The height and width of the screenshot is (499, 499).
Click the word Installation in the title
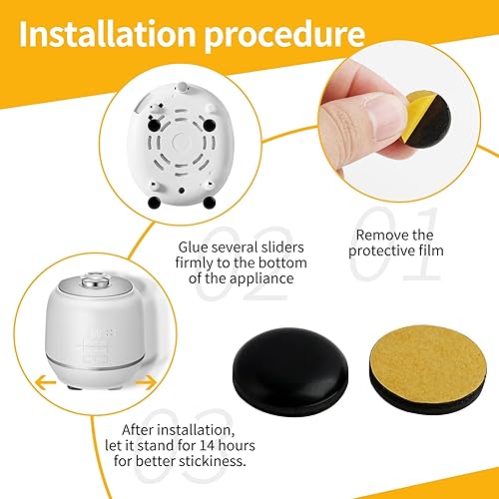[107, 34]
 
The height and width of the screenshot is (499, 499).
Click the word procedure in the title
[285, 37]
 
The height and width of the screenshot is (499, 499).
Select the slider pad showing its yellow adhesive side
[428, 369]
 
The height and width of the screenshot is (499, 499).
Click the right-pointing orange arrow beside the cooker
[146, 382]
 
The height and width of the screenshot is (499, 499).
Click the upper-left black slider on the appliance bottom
[154, 125]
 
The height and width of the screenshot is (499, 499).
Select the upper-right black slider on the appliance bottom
[210, 125]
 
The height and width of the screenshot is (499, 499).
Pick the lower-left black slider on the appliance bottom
[154, 202]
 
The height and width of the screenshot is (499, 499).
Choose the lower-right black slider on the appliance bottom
[210, 202]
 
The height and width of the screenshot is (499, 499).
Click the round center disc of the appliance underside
[182, 142]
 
